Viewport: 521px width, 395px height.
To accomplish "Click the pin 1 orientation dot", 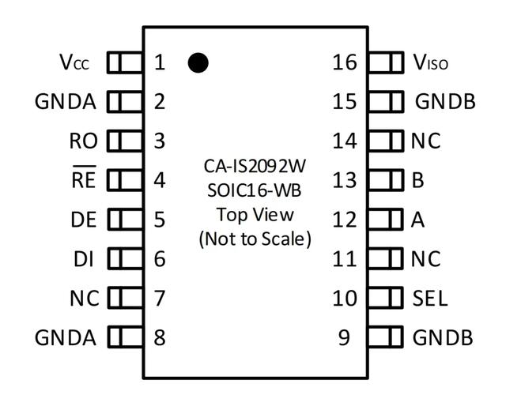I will [x=198, y=62].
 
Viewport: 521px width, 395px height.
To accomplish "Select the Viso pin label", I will [x=430, y=62].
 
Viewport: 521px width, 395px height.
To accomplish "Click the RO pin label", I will [x=83, y=141].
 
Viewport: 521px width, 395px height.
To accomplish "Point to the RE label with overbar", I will [x=83, y=180].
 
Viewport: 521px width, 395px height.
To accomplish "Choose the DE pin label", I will [x=83, y=220].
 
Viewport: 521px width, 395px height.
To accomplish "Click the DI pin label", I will [x=84, y=259].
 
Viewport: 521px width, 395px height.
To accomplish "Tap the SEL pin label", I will [x=429, y=299].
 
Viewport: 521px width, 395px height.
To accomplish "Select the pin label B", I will [x=418, y=180].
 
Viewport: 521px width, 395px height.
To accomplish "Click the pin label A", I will [x=418, y=220].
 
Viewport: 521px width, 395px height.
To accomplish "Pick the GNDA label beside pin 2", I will [x=66, y=102].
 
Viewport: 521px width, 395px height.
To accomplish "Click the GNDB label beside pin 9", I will [x=443, y=338].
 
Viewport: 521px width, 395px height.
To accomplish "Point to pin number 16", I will [x=345, y=62].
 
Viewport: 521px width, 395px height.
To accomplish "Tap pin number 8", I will [x=160, y=338].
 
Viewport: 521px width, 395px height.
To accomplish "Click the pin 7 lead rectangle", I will [x=124, y=299].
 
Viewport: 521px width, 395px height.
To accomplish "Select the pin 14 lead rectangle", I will [x=387, y=141].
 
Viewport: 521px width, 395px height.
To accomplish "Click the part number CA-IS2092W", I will [x=255, y=167].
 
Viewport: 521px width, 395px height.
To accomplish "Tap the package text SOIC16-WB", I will [x=255, y=190].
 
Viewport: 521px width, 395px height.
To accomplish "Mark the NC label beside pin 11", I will [x=425, y=259].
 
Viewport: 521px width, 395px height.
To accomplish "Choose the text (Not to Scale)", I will [x=255, y=238].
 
